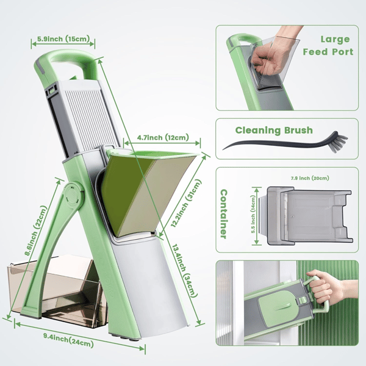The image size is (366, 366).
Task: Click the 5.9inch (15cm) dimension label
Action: (63, 39)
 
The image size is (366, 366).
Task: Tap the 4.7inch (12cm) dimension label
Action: (163, 137)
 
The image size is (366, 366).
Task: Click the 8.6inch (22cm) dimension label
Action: (36, 231)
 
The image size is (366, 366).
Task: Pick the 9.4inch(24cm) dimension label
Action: (68, 341)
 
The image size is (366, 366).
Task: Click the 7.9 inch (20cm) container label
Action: (310, 178)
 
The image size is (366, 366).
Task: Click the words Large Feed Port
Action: (328, 46)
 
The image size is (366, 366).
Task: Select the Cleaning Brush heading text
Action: (274, 131)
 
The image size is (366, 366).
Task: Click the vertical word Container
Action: (224, 214)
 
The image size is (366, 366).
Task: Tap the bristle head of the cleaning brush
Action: (340, 142)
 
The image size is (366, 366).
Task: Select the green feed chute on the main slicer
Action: (147, 192)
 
